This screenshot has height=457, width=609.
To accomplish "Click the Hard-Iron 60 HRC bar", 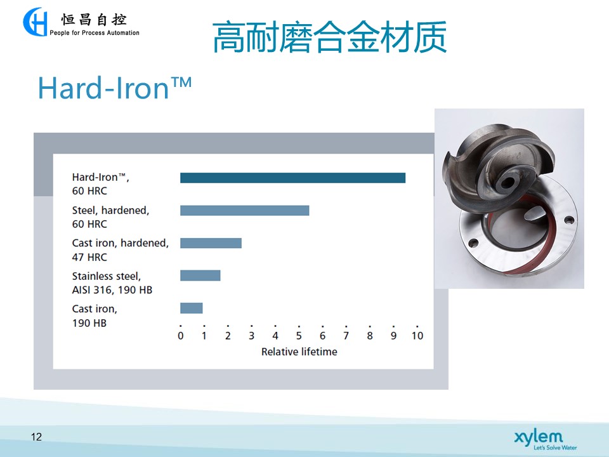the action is tap(292, 178).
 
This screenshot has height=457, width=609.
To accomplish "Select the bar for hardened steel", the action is tap(245, 211).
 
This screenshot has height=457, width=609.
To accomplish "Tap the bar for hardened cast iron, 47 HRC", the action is tap(211, 243).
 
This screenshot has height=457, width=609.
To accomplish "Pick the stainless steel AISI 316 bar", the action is tap(200, 275).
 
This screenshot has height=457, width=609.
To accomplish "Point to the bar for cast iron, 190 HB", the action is tap(192, 308).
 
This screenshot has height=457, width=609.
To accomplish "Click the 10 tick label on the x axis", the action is tap(417, 336).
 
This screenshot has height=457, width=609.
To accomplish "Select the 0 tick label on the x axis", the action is tap(181, 336).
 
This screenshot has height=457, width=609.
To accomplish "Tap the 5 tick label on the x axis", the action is tap(299, 336).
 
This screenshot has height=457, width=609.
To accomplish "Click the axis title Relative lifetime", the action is tap(299, 352).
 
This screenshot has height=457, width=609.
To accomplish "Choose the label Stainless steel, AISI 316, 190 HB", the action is tap(112, 283).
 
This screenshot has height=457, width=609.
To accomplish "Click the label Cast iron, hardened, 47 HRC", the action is tap(121, 250).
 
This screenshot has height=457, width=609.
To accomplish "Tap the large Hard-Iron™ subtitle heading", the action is tap(115, 88).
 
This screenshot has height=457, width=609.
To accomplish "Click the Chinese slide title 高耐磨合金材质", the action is tap(330, 37).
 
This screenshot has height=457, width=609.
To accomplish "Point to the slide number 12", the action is tap(36, 437).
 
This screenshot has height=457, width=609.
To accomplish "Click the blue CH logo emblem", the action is tap(36, 22).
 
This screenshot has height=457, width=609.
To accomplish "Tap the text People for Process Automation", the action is tap(95, 33).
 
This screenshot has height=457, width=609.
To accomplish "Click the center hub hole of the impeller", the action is tap(506, 182).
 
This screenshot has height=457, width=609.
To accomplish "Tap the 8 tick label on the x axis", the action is tap(370, 336).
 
